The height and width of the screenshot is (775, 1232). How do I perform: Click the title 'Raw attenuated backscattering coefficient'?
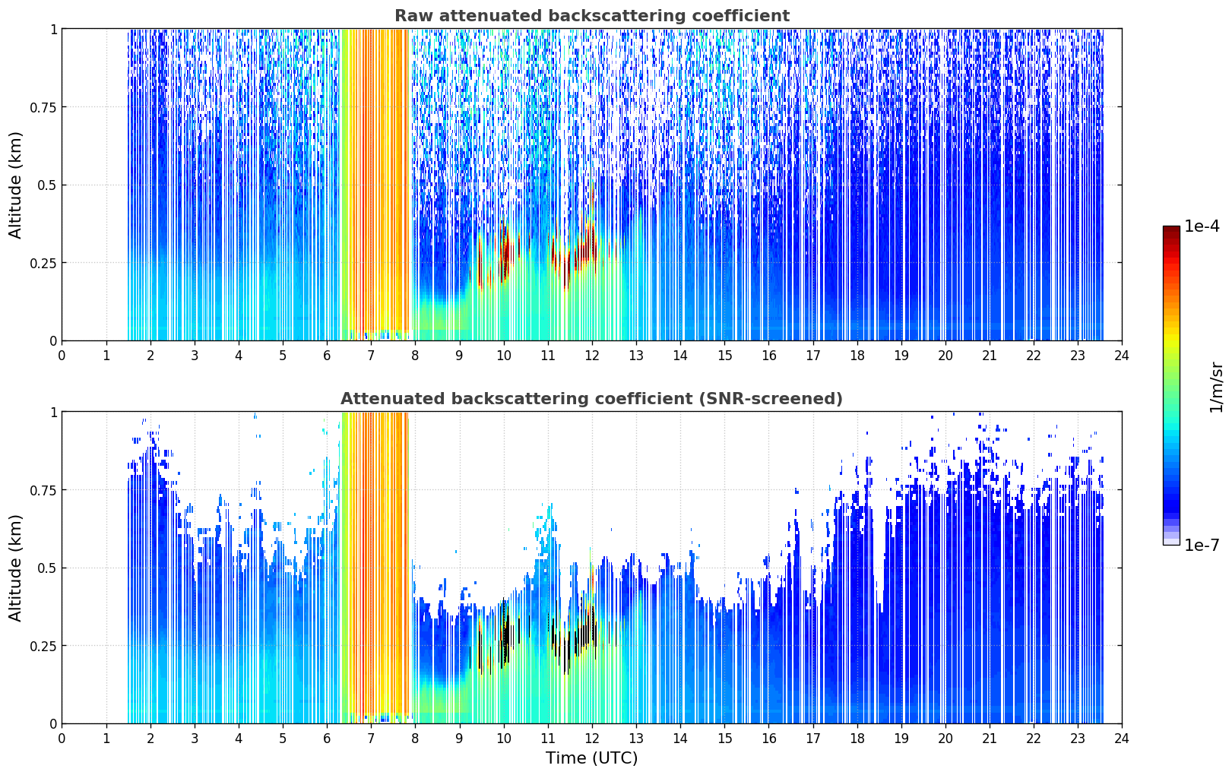[x=592, y=16]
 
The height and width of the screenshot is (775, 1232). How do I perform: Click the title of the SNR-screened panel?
[x=592, y=398]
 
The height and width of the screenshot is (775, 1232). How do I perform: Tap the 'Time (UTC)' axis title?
[x=592, y=758]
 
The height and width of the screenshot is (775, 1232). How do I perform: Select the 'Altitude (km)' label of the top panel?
[x=15, y=185]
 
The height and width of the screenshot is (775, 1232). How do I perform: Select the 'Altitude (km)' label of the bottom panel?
[x=15, y=568]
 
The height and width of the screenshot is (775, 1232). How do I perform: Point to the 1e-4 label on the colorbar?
[x=1202, y=226]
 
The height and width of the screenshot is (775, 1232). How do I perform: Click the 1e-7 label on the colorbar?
[x=1202, y=546]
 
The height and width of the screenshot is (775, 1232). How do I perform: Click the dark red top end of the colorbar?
[x=1171, y=229]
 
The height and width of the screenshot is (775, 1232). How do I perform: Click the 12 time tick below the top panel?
[x=591, y=356]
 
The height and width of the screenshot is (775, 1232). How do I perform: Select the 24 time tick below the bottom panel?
[x=1122, y=739]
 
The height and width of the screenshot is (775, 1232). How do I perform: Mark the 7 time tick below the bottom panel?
[x=371, y=739]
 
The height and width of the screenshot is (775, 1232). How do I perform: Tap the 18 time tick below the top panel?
[x=857, y=356]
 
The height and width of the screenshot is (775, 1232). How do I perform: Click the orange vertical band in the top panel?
[x=375, y=182]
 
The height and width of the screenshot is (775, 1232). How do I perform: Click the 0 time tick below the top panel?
[x=62, y=356]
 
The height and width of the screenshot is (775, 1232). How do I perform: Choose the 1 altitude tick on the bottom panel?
[x=53, y=413]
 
